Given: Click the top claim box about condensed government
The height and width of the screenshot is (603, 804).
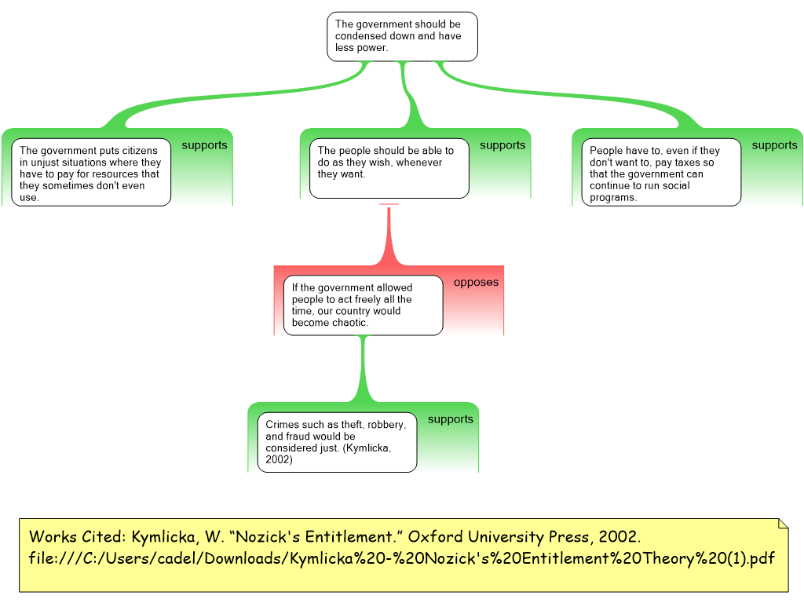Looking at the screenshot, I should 401,36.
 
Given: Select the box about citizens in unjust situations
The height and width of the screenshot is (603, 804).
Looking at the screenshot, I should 91,173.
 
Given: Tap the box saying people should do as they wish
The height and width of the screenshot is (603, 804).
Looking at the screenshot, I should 389,168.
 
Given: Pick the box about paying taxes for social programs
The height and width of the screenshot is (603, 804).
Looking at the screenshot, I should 661,173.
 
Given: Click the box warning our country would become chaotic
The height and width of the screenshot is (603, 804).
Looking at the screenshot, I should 363,305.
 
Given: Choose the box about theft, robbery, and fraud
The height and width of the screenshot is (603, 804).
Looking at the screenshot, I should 337,442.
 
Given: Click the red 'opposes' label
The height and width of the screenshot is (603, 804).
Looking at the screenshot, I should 476,283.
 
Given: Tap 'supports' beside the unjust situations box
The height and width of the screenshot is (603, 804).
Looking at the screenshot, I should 204,145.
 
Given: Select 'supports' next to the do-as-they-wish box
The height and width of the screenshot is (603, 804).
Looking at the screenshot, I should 502,145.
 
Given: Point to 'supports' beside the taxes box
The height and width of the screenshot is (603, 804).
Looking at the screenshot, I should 774,145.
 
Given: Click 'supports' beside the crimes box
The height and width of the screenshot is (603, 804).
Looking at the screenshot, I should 450,419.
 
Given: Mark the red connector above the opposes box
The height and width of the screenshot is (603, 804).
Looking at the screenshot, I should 389,236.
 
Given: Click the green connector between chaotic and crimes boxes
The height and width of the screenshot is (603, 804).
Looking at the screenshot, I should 363,369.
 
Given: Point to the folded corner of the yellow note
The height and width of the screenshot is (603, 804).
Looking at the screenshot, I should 782,524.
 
